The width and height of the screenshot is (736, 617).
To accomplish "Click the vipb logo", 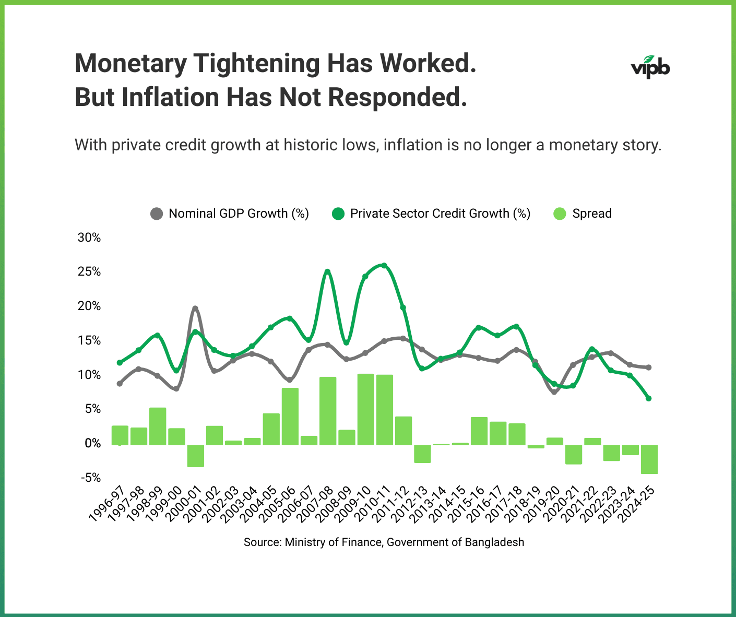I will click(650, 67).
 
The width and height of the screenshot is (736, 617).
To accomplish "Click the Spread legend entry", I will click(583, 213).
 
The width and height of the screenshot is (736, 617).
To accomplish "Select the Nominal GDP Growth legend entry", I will click(230, 213).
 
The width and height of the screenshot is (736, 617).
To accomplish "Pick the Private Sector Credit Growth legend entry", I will click(431, 213).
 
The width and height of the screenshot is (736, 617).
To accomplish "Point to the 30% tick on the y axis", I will click(89, 238).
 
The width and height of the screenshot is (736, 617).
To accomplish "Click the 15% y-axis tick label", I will click(89, 340).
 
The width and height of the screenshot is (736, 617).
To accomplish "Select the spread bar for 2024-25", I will click(649, 459).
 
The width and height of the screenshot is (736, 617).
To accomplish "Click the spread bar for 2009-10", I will click(365, 409).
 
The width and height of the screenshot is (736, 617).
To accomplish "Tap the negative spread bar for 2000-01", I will click(196, 455).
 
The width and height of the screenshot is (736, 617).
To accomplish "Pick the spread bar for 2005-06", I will click(290, 416).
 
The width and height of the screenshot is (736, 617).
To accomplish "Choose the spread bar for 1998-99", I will click(158, 426).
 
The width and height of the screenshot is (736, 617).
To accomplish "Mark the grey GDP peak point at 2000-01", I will click(195, 308).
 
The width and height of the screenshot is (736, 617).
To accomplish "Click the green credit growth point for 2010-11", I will click(384, 265).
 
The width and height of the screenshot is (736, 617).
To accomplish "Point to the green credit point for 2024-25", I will click(649, 398).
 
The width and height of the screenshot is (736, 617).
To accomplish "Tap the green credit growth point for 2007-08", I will click(327, 271).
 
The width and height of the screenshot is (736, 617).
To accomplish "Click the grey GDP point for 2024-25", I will click(649, 367).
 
